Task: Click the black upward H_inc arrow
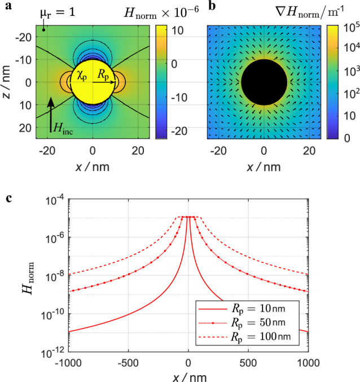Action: click(x=51, y=113)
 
